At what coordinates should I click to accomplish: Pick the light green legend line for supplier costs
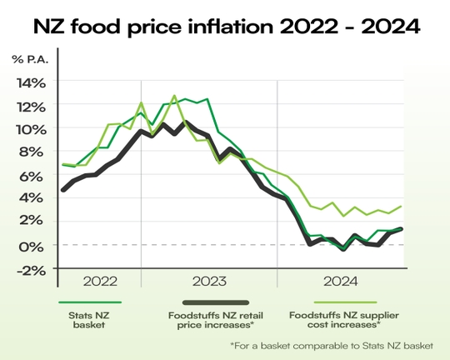pyautogui.click(x=342, y=303)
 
